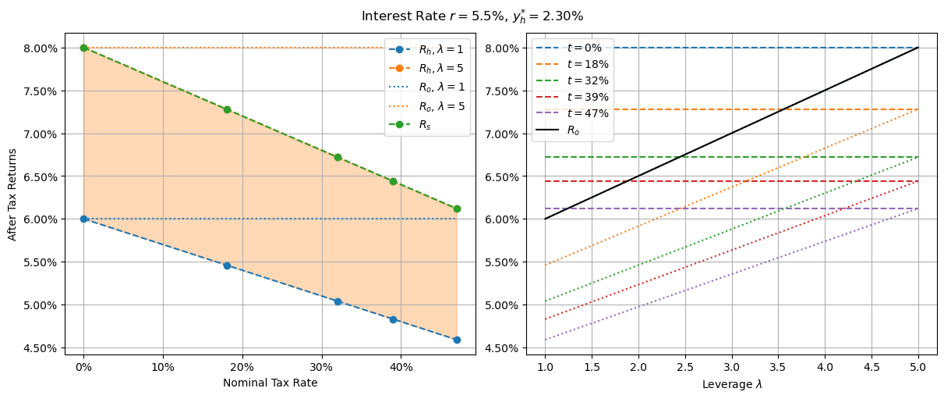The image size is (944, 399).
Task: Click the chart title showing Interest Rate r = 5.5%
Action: click(472, 16)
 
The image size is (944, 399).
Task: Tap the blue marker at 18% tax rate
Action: click(227, 265)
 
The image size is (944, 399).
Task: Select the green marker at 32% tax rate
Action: click(338, 157)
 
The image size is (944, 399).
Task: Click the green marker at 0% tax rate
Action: click(83, 48)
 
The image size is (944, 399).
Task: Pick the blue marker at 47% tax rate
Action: click(457, 340)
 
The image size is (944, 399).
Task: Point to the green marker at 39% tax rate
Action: click(393, 181)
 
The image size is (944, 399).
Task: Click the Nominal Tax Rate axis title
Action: click(270, 383)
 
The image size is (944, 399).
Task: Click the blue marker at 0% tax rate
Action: click(83, 219)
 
